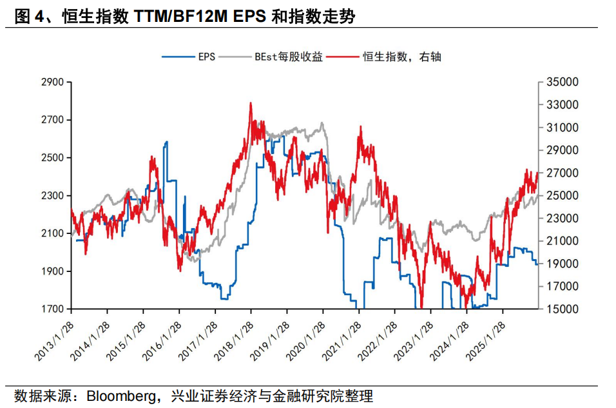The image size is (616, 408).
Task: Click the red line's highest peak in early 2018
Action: pos(250,103)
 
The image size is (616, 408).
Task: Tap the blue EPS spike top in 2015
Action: pos(166,142)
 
